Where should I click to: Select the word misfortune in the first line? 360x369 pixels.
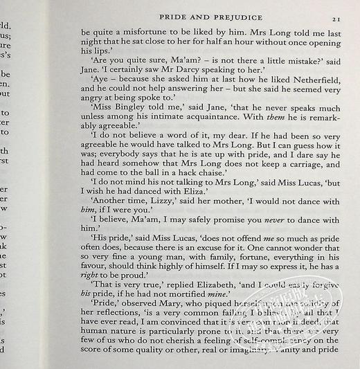coord(146,33)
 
